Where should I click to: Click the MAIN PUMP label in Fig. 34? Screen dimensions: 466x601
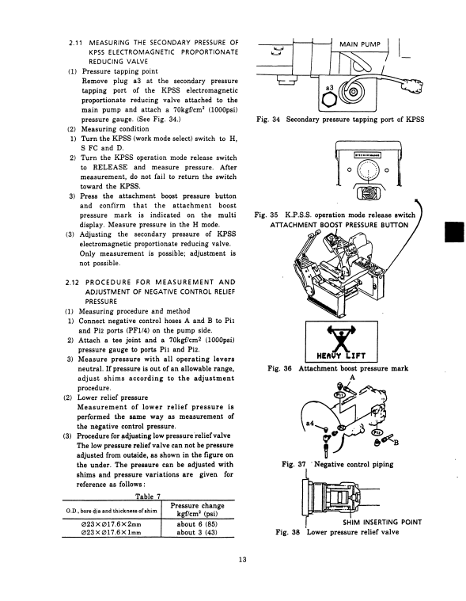tap(360, 44)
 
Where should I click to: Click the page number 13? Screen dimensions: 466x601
tap(242, 560)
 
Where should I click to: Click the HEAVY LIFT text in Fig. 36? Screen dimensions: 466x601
tap(341, 356)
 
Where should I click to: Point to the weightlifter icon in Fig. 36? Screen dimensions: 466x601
tap(341, 337)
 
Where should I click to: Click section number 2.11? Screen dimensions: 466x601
tap(74, 43)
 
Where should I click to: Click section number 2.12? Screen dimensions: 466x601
tap(72, 283)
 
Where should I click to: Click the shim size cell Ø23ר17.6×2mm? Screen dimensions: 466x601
tap(111, 524)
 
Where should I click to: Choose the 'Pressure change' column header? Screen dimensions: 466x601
tap(197, 506)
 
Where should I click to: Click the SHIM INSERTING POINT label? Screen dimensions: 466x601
tap(382, 522)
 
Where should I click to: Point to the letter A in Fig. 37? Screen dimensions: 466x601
tap(352, 378)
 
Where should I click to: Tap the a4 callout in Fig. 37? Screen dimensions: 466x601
tap(310, 423)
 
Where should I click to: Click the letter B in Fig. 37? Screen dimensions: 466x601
tap(396, 443)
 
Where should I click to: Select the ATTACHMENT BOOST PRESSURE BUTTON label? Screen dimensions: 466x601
tap(339, 225)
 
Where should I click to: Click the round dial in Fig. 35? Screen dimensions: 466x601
tap(368, 169)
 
